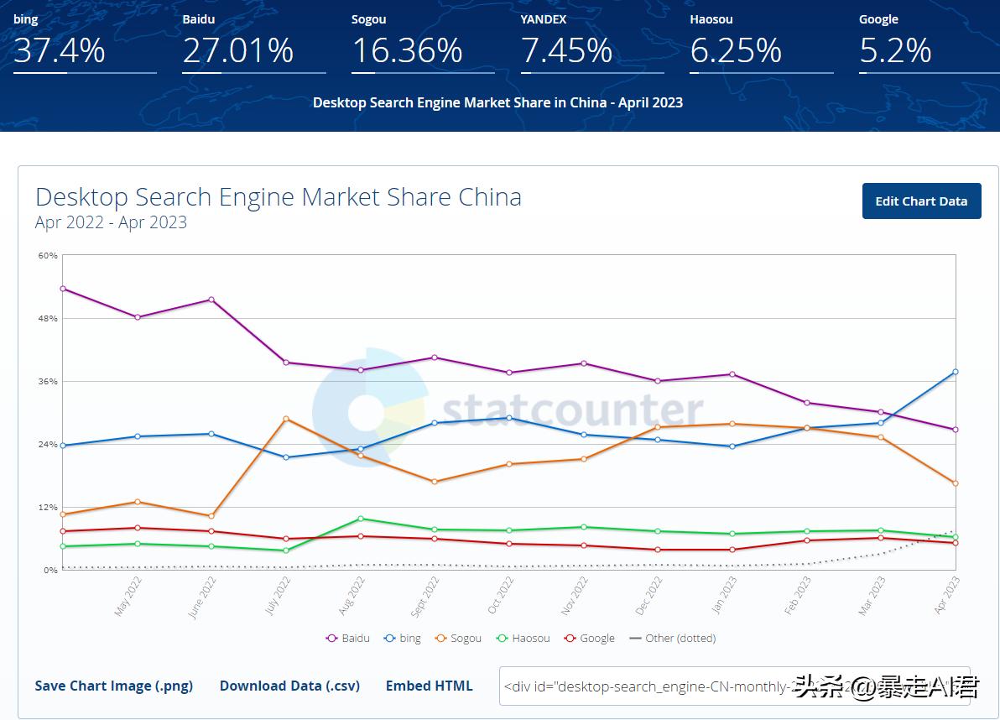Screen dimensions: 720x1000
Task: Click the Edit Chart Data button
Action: pyautogui.click(x=921, y=201)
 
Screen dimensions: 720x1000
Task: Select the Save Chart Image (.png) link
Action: pyautogui.click(x=113, y=686)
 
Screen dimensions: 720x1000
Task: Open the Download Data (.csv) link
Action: pyautogui.click(x=289, y=686)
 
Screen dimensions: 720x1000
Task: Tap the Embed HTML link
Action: pyautogui.click(x=429, y=686)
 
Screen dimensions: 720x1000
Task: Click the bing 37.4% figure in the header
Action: pyautogui.click(x=60, y=51)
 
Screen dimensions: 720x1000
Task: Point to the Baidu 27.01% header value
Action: pyautogui.click(x=238, y=51)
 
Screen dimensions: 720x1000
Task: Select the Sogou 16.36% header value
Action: pyautogui.click(x=407, y=51)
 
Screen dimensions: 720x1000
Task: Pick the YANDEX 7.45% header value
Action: pyautogui.click(x=567, y=51)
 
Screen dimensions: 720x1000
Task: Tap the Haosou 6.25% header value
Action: pyautogui.click(x=736, y=51)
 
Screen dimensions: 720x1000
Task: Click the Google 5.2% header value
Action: pyautogui.click(x=895, y=51)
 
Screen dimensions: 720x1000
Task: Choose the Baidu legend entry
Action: pyautogui.click(x=348, y=638)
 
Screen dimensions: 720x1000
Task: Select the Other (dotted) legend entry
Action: pyautogui.click(x=673, y=638)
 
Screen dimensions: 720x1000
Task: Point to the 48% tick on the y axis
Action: pyautogui.click(x=47, y=319)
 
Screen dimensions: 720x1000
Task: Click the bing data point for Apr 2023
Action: pyautogui.click(x=955, y=372)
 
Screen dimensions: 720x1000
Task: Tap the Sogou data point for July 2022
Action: pyautogui.click(x=286, y=419)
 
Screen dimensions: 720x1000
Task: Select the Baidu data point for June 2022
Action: pyautogui.click(x=211, y=300)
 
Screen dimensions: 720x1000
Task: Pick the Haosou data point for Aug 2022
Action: pyautogui.click(x=360, y=519)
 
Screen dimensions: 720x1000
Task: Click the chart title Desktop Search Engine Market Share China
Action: pyautogui.click(x=279, y=197)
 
